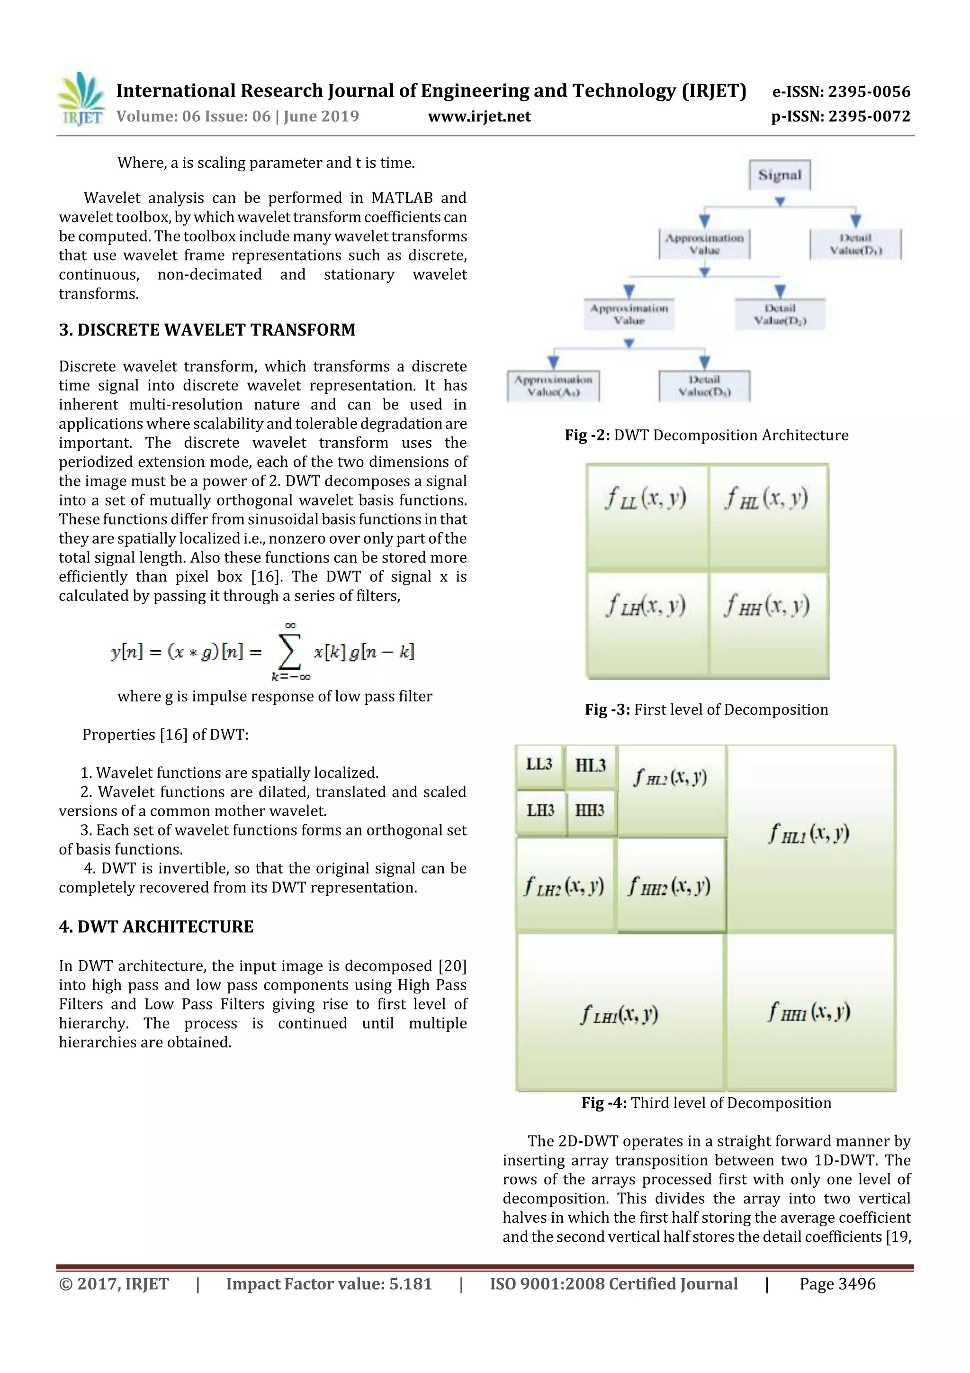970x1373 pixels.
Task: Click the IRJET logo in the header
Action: pos(80,99)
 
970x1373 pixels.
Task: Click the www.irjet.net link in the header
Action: pos(479,116)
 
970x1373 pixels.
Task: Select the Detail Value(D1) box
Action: pos(855,244)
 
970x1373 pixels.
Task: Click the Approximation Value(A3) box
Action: pos(553,386)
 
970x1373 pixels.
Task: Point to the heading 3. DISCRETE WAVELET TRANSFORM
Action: pos(207,329)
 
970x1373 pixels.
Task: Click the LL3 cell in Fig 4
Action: pos(539,765)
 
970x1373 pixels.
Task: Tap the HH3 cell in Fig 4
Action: pos(590,810)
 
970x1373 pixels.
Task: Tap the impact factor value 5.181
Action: pos(411,1284)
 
